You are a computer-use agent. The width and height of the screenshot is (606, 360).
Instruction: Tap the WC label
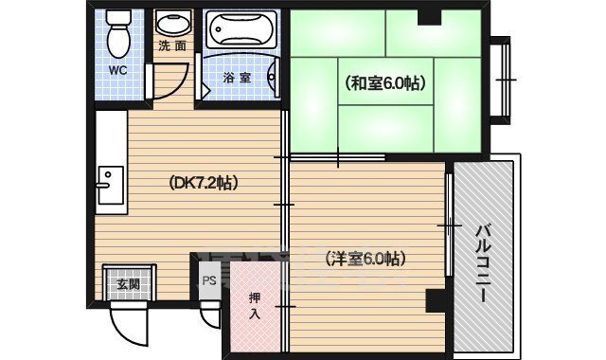116,69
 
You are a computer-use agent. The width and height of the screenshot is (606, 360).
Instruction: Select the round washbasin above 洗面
172,24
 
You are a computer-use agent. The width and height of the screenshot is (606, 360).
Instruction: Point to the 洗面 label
171,45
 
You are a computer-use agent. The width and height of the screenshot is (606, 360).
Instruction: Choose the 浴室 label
237,77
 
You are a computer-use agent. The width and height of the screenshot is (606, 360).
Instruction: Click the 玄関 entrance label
128,284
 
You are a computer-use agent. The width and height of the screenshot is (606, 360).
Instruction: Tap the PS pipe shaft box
209,280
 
